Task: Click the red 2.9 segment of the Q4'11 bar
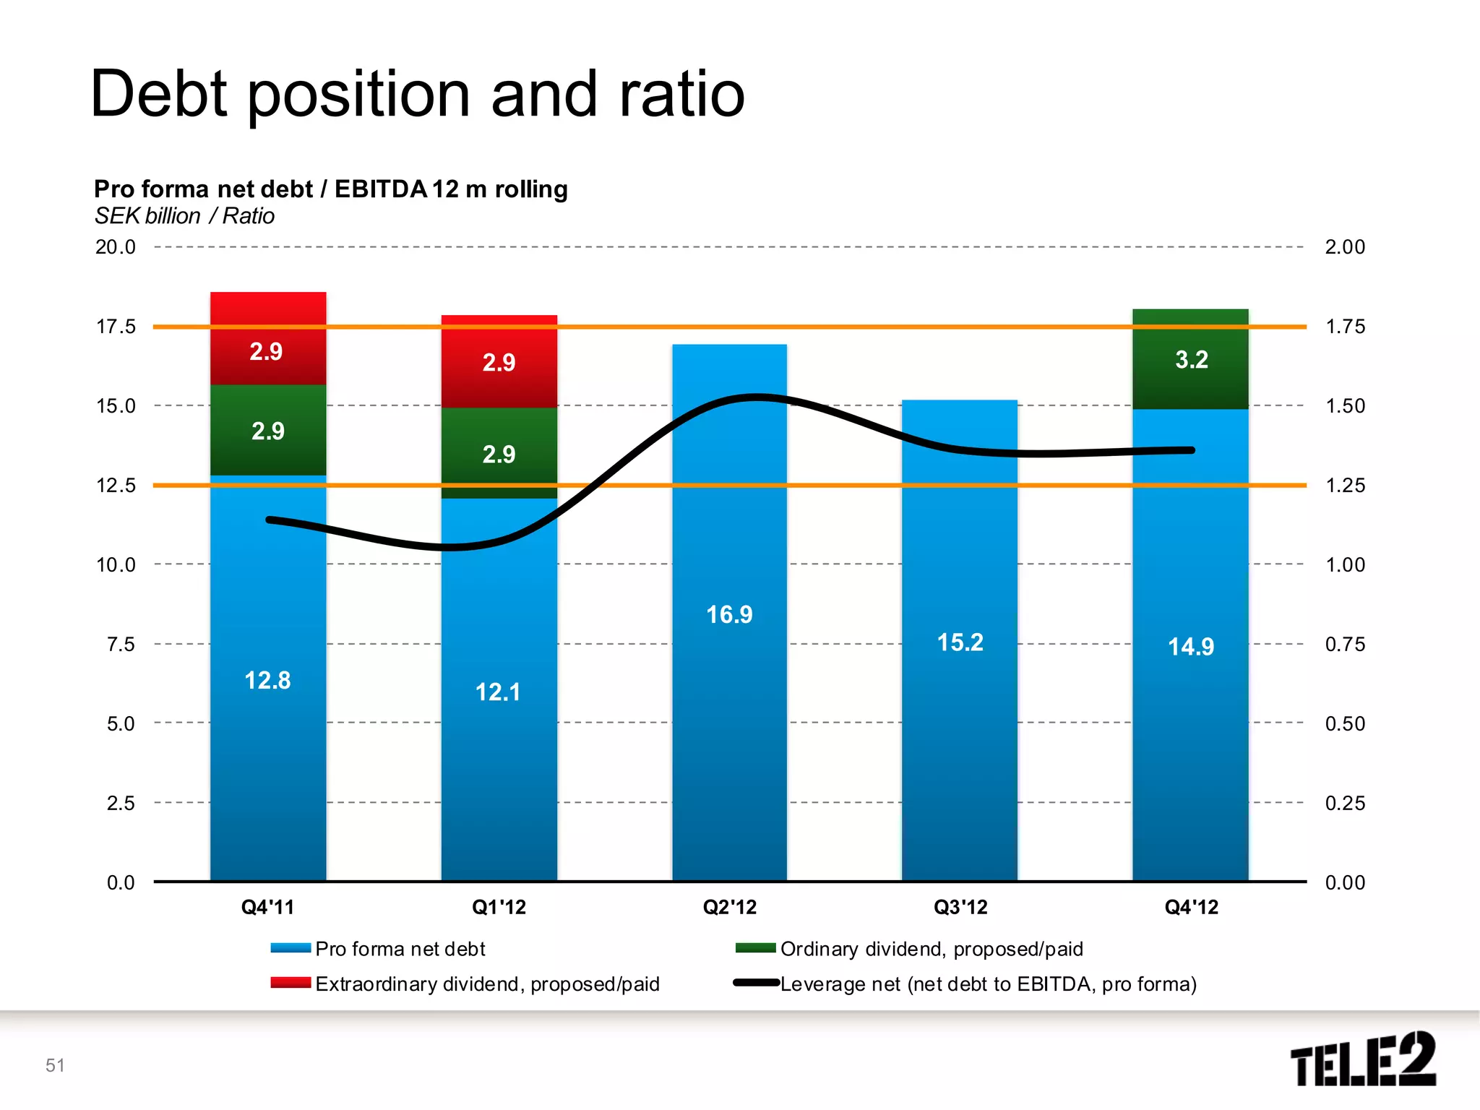[x=267, y=338]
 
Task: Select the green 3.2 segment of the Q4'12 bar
[x=1190, y=359]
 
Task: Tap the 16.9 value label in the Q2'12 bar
[x=729, y=615]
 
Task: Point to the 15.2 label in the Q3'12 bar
[x=960, y=642]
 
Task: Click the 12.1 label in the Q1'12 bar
[x=498, y=692]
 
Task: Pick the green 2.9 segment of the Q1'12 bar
[x=499, y=453]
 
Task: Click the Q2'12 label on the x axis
[x=729, y=907]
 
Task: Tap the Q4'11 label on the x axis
[x=267, y=907]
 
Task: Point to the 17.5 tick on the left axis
[x=116, y=327]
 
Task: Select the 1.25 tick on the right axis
[x=1345, y=485]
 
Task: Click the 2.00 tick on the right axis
[x=1345, y=247]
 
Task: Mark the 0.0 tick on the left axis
[x=121, y=882]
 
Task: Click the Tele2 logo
[x=1363, y=1059]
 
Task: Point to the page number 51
[x=55, y=1065]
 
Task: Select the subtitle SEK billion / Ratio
[x=184, y=216]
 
